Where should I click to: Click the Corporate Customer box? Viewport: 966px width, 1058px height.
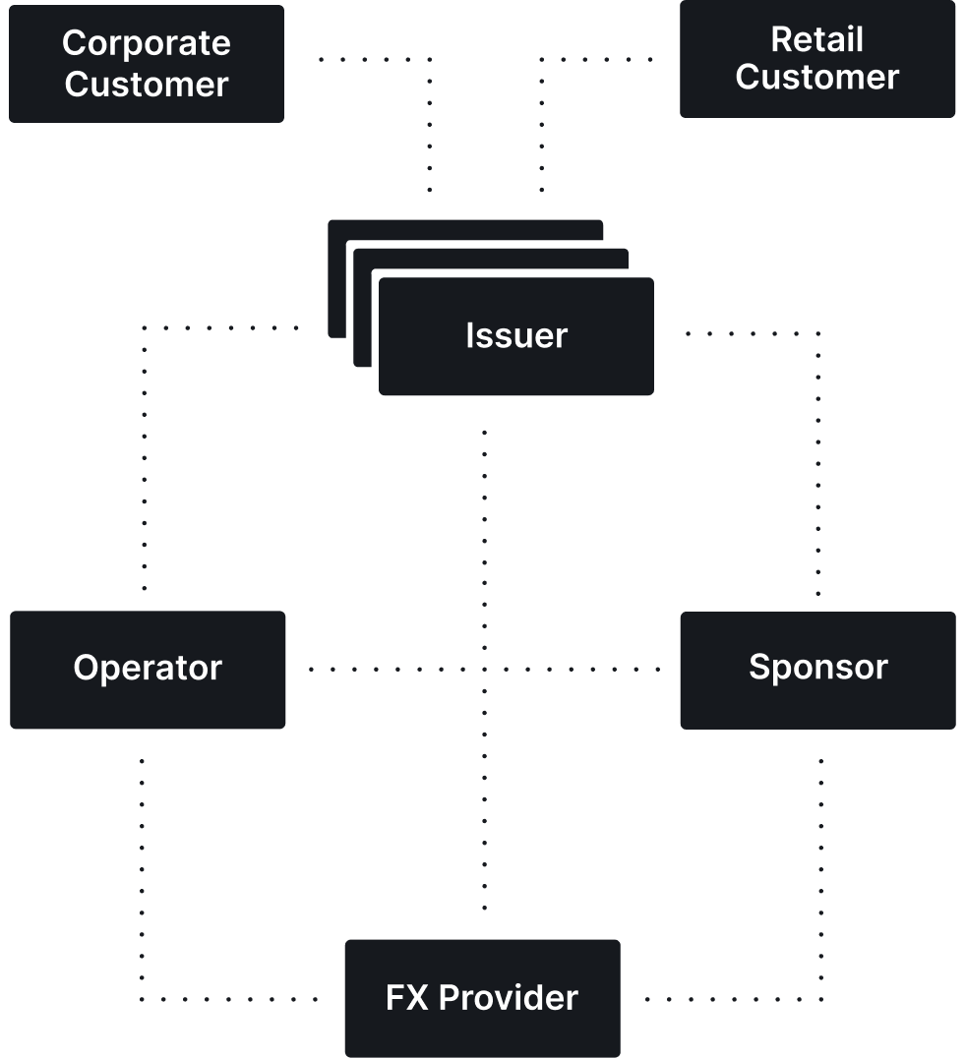147,64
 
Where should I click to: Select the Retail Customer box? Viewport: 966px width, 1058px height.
817,59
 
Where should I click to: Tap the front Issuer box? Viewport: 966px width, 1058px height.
516,336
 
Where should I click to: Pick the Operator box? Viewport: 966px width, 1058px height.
148,669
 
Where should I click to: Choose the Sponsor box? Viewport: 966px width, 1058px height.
817,669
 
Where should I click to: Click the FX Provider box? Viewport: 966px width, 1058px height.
482,998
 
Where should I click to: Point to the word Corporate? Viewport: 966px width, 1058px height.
147,43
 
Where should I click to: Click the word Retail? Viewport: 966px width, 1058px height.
817,39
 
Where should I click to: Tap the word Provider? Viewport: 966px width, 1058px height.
509,998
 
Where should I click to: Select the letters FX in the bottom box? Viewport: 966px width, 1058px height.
407,998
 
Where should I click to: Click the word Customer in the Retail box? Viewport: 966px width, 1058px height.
817,78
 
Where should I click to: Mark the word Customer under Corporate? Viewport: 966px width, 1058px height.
147,85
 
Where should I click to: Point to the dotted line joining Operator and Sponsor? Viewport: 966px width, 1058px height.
393,670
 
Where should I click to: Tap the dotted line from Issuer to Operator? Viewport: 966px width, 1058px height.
145,442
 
